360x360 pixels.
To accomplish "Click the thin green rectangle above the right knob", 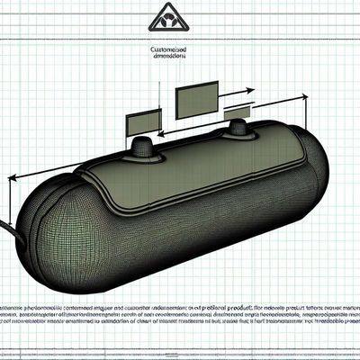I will [239, 111].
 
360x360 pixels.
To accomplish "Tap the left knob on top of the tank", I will [144, 147].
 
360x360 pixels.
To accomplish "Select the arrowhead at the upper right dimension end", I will [298, 96].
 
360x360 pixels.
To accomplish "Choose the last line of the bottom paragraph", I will [180, 320].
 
